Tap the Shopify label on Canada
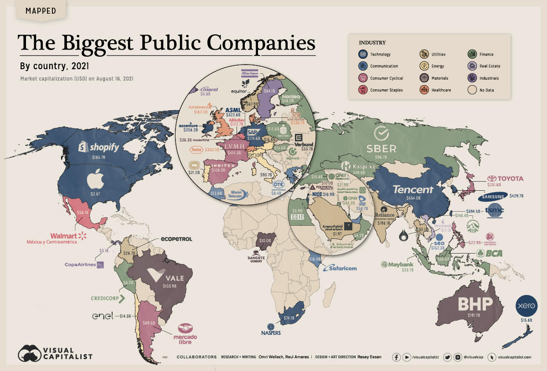[99, 147]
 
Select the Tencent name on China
[413, 189]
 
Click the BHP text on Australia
[470, 304]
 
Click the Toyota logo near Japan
[505, 178]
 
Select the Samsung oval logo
[493, 197]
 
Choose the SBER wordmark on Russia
[382, 148]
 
